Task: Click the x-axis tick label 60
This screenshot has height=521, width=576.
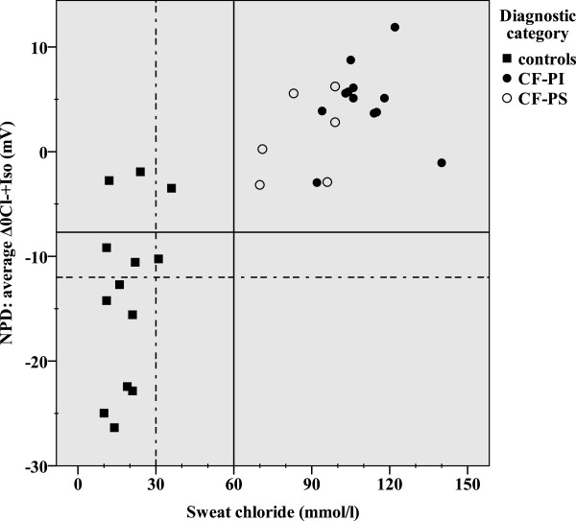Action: [x=233, y=484]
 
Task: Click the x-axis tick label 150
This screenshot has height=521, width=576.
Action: [x=468, y=484]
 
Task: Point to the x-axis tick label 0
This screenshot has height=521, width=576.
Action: [x=79, y=484]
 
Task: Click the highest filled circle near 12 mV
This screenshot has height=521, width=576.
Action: [x=395, y=27]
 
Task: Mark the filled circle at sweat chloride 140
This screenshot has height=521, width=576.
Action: [x=442, y=163]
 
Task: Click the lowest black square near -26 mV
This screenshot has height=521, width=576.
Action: [x=114, y=427]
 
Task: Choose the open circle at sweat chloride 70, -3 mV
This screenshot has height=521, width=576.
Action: [x=259, y=184]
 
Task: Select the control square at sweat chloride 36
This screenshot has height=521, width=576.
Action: [x=172, y=188]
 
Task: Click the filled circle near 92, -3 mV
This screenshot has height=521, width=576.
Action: [x=317, y=182]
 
